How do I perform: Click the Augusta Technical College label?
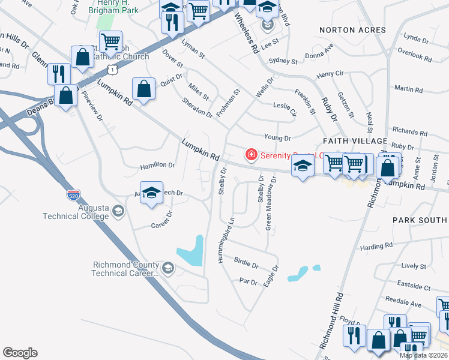coord(76,212)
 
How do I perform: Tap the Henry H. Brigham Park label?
coord(112,7)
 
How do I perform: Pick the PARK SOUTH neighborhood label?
coord(420,220)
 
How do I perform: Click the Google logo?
coord(20,353)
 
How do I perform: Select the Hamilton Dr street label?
coord(157,166)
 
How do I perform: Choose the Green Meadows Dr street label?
coord(271,204)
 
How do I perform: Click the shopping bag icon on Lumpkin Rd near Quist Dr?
coord(144,89)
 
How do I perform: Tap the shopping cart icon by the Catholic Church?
coord(110,42)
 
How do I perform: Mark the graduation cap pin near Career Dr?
coord(152,193)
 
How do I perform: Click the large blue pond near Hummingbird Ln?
coord(191,251)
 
